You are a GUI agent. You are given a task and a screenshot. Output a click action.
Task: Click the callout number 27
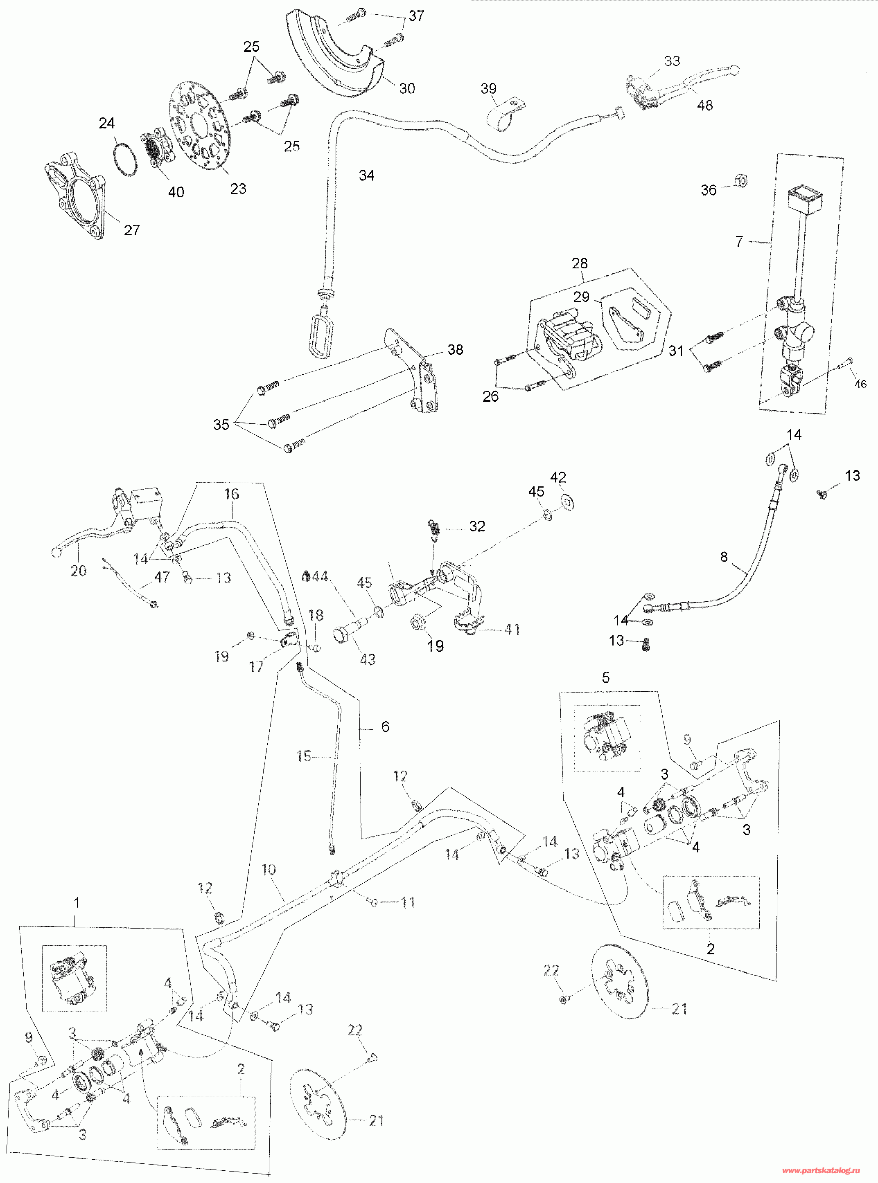point(132,230)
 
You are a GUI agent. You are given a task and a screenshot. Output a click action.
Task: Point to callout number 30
point(407,88)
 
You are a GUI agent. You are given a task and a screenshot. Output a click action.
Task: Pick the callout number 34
point(367,175)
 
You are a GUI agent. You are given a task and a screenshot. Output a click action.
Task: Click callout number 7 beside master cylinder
point(739,242)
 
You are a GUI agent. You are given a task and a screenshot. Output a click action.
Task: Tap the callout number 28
point(580,263)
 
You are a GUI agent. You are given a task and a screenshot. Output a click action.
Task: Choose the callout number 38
point(456,349)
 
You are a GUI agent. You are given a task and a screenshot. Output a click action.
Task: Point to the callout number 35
point(221,425)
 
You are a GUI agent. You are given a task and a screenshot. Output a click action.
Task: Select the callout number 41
point(512,630)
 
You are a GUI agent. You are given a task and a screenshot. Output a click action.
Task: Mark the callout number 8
point(724,557)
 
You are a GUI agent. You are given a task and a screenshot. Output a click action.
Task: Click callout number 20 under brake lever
point(79,571)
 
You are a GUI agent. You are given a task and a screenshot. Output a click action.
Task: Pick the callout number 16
point(232,494)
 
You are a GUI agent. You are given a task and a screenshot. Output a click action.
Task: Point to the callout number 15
point(303,756)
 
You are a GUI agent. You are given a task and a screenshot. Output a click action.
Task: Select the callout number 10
point(269,870)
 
